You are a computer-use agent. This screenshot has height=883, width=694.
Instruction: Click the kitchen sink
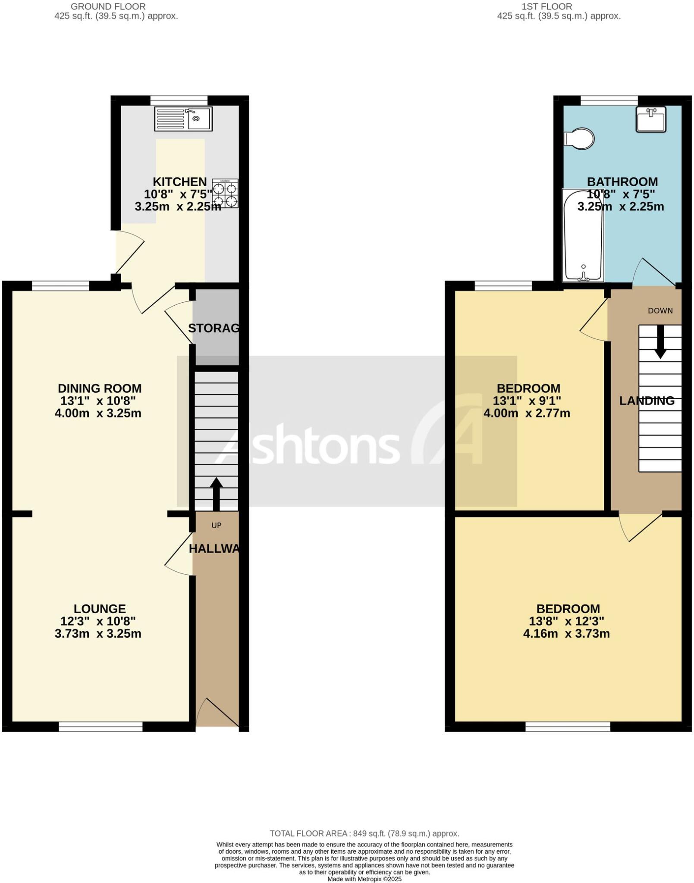pos(183,119)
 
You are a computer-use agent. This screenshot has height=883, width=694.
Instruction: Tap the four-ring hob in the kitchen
pos(225,194)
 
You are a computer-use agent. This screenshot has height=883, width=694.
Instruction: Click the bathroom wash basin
pos(651,119)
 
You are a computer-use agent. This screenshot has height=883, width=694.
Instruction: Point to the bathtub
pos(583,235)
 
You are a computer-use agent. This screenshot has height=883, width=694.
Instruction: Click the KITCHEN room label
pos(180,182)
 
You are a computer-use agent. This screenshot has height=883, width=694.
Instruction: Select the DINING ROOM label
pos(100,388)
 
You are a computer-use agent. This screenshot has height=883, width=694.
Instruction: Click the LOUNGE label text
pos(100,608)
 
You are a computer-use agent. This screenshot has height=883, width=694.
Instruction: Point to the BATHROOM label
pos(622,182)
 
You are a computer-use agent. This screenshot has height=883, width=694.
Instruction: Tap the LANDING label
pos(647,401)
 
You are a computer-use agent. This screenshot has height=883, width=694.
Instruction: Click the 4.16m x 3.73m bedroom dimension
pos(566,633)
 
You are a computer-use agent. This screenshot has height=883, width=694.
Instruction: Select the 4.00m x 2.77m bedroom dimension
pos(527,413)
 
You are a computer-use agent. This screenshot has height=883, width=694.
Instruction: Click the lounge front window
pos(100,727)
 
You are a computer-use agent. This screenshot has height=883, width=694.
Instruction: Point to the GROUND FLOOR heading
pos(108,7)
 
